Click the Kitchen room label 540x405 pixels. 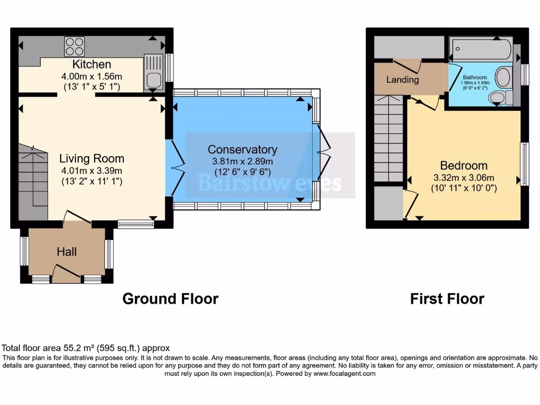(x=92, y=65)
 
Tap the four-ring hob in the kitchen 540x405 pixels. (x=75, y=46)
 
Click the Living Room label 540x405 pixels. (x=92, y=158)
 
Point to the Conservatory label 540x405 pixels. (x=242, y=149)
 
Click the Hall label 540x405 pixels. (x=67, y=253)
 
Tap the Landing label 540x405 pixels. (x=402, y=80)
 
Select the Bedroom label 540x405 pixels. (x=464, y=166)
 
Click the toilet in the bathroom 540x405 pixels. (x=499, y=97)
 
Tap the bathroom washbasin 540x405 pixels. (x=504, y=77)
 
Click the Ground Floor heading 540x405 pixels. (x=170, y=298)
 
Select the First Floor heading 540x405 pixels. (x=447, y=298)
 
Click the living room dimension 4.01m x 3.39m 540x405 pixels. (x=92, y=170)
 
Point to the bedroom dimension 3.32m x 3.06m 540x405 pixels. (x=464, y=177)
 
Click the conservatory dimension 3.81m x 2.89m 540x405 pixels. (x=242, y=161)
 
